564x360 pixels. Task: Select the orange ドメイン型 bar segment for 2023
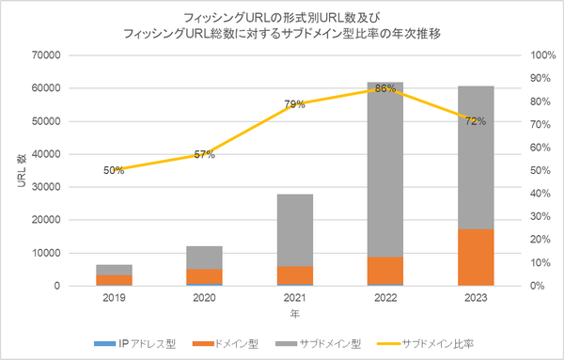(476, 257)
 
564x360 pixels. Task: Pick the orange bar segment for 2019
(115, 280)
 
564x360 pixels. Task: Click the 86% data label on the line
(385, 88)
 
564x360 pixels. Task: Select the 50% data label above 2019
(114, 170)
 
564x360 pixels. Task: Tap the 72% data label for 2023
(476, 120)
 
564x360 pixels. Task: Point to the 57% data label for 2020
(204, 154)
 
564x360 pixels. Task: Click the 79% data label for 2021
(294, 104)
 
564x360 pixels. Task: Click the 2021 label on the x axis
(295, 300)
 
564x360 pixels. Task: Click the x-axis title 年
(294, 313)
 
